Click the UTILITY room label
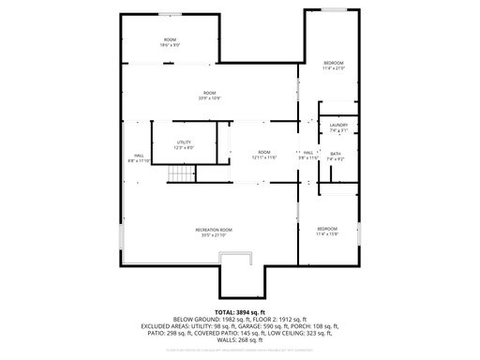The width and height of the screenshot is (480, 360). [183, 142]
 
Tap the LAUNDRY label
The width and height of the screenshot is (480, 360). [338, 126]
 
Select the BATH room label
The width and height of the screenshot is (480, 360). [335, 153]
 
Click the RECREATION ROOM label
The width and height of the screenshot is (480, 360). [214, 230]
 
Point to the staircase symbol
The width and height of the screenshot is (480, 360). [178, 174]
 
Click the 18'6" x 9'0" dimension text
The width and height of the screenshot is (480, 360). [170, 45]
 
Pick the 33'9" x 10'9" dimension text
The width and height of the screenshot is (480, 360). [210, 97]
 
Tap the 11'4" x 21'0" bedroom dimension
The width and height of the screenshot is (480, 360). [334, 68]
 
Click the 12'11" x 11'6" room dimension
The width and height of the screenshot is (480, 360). [264, 157]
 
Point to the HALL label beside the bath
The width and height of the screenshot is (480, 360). [307, 153]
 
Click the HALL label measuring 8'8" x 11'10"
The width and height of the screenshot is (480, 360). [139, 156]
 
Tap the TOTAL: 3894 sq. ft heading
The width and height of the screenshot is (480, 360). [240, 311]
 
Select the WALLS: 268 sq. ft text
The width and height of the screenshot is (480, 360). [240, 340]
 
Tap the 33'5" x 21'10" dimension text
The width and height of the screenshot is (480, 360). [214, 235]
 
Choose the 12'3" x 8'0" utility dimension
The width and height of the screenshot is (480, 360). [183, 147]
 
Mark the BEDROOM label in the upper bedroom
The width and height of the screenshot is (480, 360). [334, 63]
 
